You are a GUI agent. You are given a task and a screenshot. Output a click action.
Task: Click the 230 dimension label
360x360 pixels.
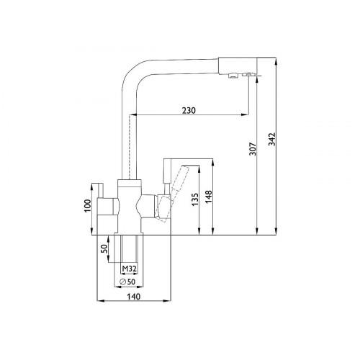coord(189,110)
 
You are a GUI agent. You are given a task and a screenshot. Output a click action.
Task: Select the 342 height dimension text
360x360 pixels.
coord(272,139)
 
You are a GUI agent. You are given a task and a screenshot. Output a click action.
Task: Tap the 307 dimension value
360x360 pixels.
coord(253,149)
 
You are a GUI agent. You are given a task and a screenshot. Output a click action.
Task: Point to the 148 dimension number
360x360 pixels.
coord(209,197)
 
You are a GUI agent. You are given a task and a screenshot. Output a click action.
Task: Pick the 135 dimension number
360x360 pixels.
coord(195,199)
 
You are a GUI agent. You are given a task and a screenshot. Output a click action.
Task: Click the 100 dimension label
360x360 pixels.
coord(88,206)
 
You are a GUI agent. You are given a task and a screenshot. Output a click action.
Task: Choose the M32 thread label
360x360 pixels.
coord(129,269)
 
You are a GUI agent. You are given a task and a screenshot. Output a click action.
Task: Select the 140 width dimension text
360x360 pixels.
coord(133,297)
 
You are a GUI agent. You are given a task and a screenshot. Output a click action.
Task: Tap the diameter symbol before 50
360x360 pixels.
coord(122,282)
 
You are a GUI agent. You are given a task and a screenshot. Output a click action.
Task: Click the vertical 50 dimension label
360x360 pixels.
coord(104,249)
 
